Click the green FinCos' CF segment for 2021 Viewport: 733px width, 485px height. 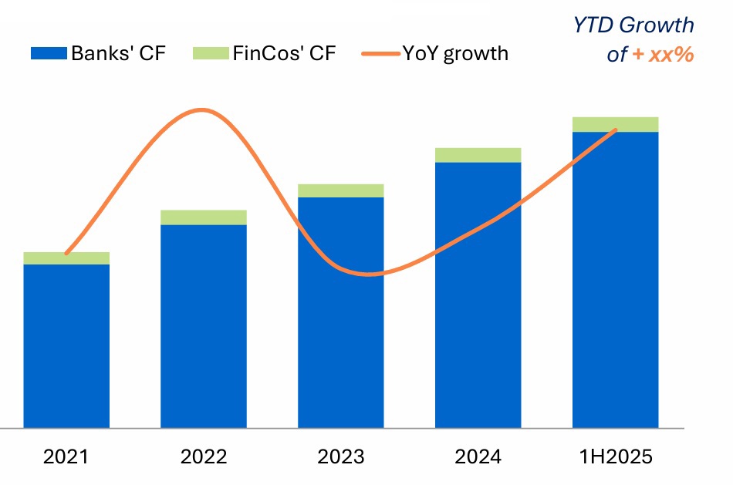point(66,258)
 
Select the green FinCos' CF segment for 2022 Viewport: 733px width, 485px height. point(204,217)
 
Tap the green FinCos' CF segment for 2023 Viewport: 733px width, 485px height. point(340,190)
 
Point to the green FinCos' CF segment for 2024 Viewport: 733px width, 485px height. point(478,155)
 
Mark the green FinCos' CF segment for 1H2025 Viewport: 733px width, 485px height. point(615,124)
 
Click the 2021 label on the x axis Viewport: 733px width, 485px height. point(66,456)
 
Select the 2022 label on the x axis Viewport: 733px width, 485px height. point(204,456)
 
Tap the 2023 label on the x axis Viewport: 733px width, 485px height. point(340,456)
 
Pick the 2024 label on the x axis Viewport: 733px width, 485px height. point(478,456)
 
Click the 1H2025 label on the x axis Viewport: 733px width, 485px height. point(615,456)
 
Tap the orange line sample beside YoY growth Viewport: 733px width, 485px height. point(380,53)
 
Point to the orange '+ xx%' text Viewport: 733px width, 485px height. point(663,55)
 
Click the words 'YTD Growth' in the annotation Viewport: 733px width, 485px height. point(633,25)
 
